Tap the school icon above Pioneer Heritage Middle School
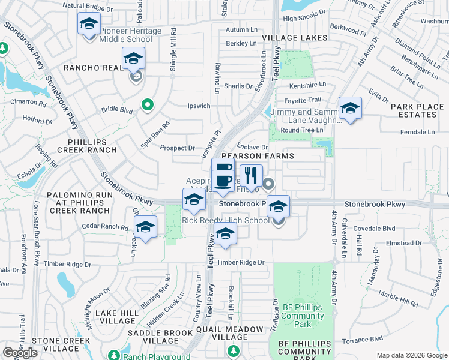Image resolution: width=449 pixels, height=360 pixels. tap(89, 25)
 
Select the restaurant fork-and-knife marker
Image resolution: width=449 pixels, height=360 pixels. tap(252, 176)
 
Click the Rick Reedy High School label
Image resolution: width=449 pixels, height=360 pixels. tap(226, 220)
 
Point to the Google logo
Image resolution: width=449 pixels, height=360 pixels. tap(20, 353)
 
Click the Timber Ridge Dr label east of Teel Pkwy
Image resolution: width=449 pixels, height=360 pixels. tap(241, 262)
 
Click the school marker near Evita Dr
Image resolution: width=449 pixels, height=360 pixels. tap(350, 109)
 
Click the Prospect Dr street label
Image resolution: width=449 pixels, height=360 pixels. tap(177, 148)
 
